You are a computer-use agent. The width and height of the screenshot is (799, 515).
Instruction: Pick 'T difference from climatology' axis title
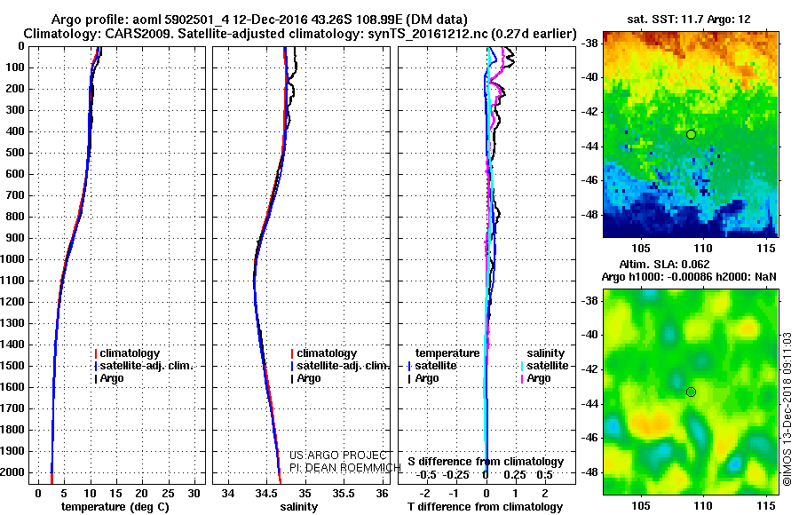pos(484,507)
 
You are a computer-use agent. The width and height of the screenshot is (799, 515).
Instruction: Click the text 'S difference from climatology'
pos(486,462)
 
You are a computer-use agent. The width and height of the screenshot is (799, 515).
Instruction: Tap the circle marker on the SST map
pos(691,134)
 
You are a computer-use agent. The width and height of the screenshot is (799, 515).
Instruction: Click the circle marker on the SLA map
pos(691,392)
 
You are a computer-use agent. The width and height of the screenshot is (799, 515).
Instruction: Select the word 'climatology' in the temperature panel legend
pos(130,353)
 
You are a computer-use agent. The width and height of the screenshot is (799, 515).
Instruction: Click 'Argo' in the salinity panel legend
pos(309,378)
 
